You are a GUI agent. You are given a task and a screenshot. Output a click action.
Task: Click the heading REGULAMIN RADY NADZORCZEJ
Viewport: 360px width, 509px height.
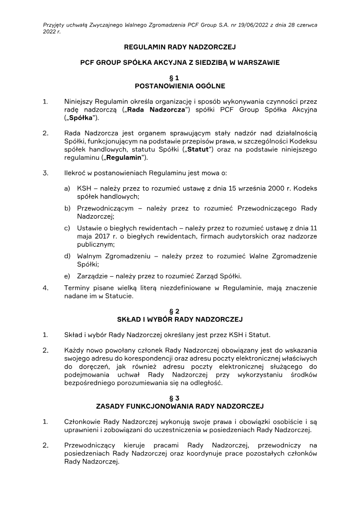(x=180, y=47)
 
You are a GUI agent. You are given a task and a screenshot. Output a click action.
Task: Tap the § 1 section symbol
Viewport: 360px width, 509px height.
(x=180, y=78)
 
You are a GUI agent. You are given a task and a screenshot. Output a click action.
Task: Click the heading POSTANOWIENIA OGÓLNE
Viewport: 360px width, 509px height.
(x=180, y=86)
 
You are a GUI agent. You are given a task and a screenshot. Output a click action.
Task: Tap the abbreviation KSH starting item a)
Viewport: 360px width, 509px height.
(x=84, y=189)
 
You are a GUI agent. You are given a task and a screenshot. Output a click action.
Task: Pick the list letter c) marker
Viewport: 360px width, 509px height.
(x=67, y=228)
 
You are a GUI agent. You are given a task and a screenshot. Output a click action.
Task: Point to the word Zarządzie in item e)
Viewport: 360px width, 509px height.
(x=93, y=276)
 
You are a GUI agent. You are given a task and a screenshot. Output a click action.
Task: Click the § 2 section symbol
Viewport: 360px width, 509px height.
(x=180, y=311)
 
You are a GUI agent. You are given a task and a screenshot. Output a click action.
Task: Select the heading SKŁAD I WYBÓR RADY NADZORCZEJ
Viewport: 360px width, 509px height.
(x=180, y=319)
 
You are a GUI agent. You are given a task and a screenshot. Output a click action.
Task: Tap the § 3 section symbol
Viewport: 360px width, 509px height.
(x=180, y=398)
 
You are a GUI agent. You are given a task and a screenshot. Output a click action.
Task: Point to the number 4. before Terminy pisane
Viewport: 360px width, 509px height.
(x=45, y=288)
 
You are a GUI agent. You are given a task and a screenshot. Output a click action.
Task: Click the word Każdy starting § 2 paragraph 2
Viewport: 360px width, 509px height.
(x=74, y=351)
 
